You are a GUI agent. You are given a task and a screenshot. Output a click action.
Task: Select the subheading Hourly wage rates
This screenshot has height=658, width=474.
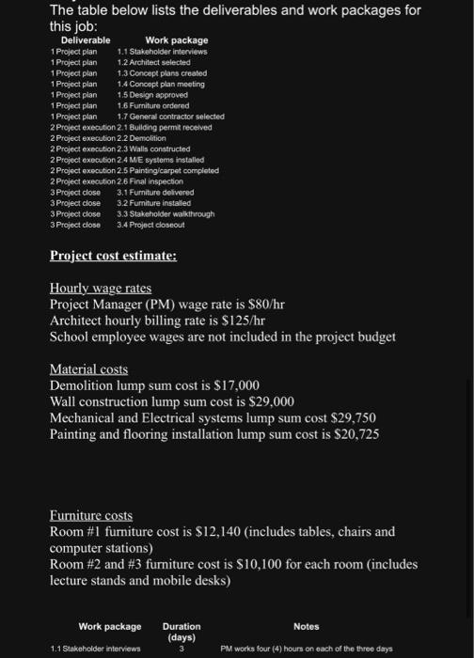(x=100, y=288)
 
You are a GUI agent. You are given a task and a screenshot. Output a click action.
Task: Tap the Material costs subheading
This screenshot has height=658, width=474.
(x=88, y=369)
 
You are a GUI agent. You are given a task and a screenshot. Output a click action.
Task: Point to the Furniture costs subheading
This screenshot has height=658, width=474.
(x=91, y=515)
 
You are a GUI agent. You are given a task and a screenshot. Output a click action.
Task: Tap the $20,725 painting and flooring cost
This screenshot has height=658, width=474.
(x=357, y=433)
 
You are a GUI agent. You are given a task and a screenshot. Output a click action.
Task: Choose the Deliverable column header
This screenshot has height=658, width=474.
(x=86, y=40)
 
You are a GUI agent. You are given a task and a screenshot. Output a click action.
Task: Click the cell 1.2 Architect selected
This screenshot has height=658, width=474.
(x=154, y=62)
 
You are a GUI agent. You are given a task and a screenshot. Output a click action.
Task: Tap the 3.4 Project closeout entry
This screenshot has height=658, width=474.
(x=154, y=225)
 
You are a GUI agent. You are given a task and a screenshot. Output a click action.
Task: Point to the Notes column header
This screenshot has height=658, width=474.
(x=307, y=626)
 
